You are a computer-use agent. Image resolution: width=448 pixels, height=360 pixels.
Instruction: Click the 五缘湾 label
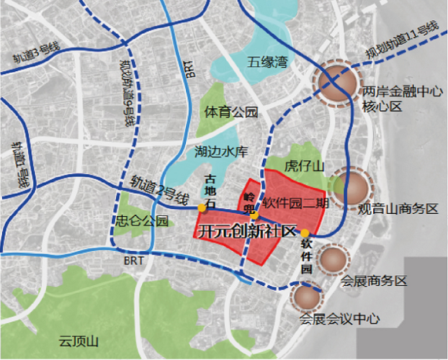coord(266,63)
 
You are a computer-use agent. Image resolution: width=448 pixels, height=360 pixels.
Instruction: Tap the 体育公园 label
coord(230,112)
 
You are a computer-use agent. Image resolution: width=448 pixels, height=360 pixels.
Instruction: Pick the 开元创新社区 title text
coord(247,231)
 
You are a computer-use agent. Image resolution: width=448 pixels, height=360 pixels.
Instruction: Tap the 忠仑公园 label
coord(137,220)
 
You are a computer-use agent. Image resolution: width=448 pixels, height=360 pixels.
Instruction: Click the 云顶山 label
coord(81,341)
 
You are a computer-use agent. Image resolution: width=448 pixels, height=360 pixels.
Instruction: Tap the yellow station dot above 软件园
coord(305,233)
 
